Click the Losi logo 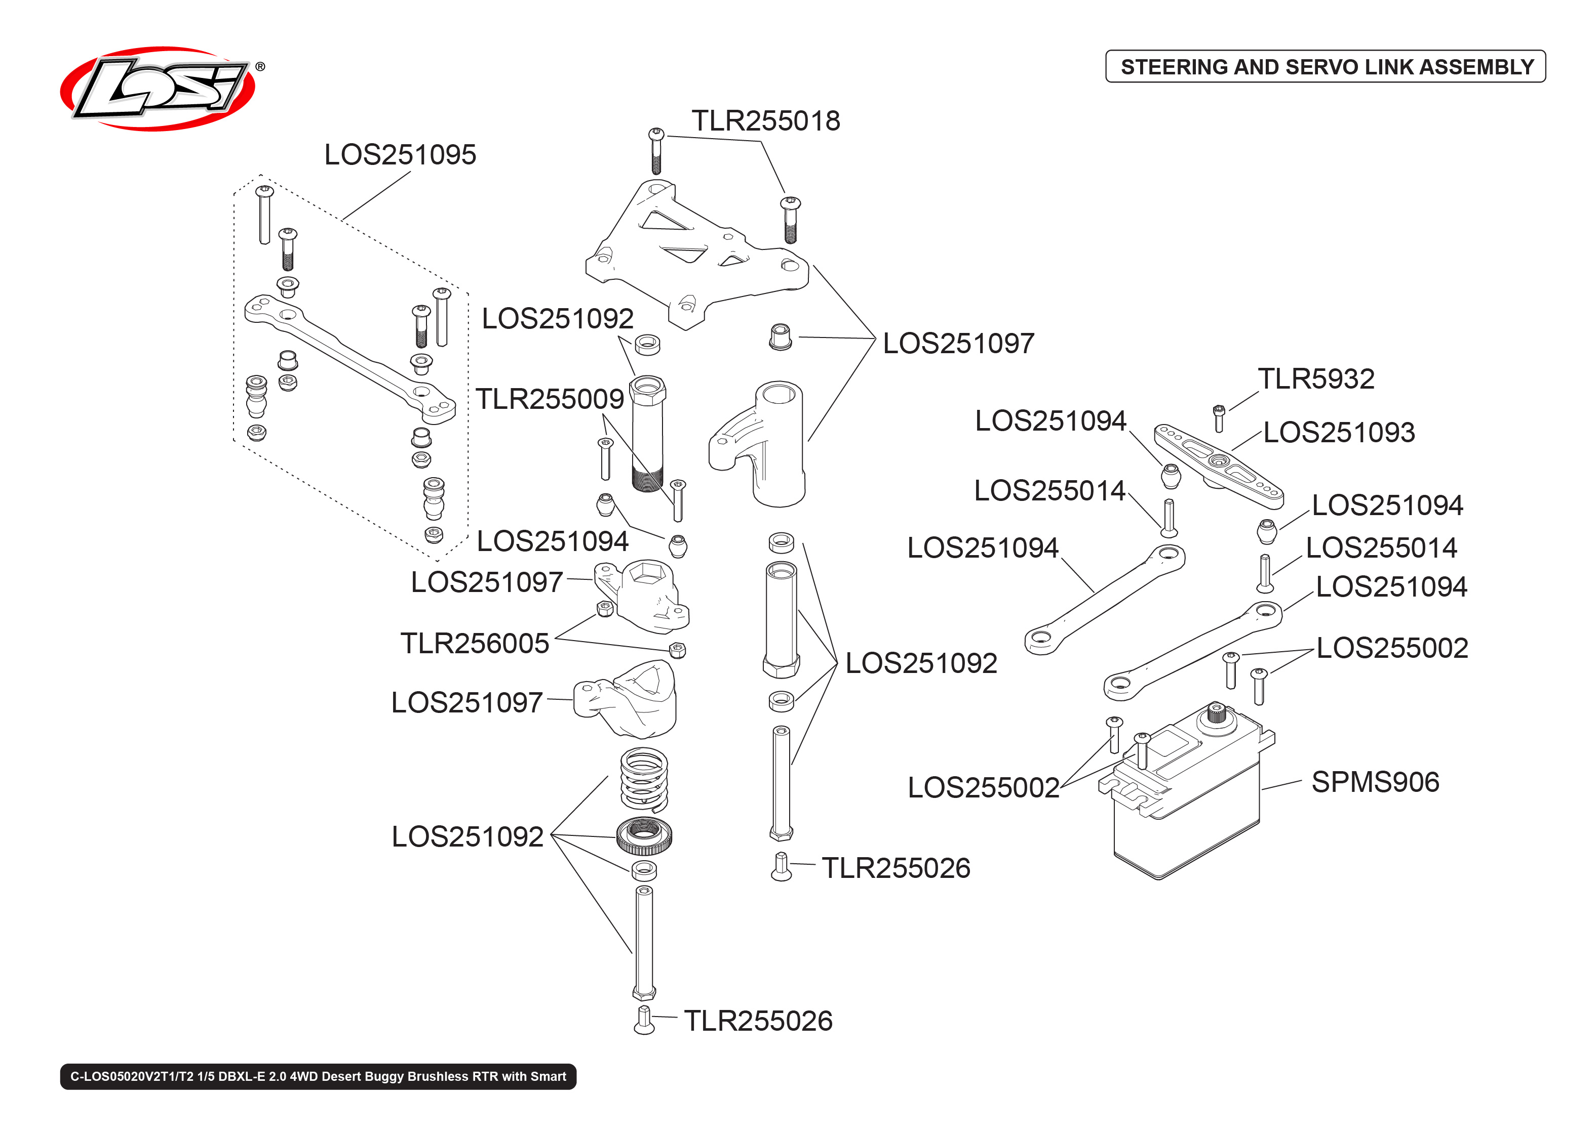[x=158, y=89]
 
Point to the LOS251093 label [x=1338, y=432]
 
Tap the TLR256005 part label [x=475, y=643]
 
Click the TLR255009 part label [x=550, y=399]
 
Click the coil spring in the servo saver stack [x=644, y=779]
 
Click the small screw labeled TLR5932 [x=1219, y=418]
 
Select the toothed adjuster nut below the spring [x=644, y=835]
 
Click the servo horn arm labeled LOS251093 [x=1219, y=466]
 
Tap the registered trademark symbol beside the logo [x=260, y=67]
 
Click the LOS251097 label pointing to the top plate [x=957, y=344]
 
